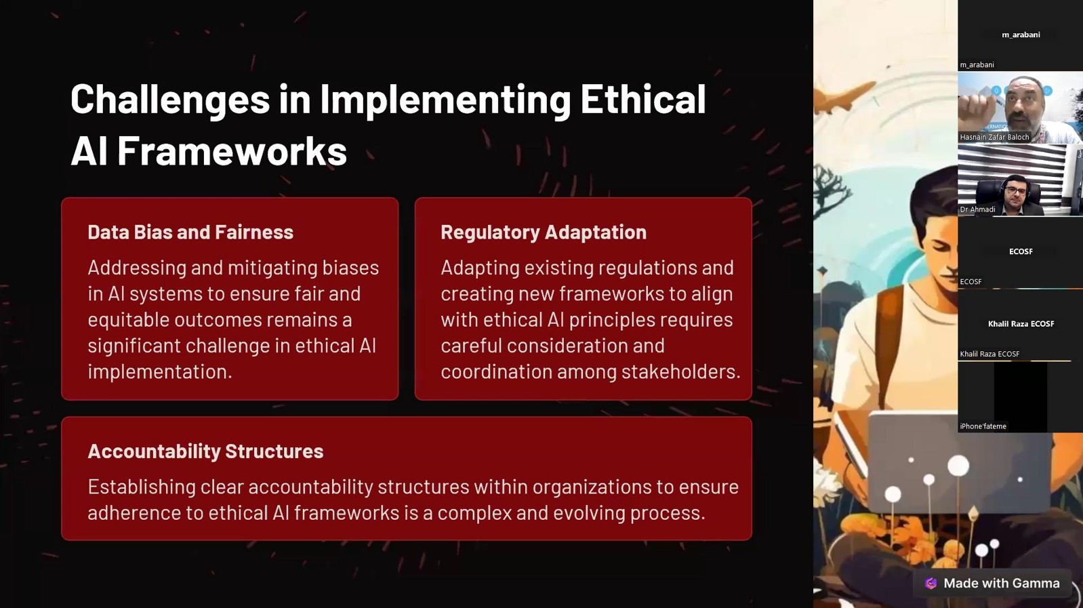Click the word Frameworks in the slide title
pos(232,151)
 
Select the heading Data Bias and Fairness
pos(190,232)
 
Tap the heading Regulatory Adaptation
pos(544,232)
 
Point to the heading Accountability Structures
pos(205,451)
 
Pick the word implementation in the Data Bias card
pos(160,372)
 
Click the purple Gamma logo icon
pos(931,584)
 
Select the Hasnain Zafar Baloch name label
pos(994,138)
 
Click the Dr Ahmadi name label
pos(977,209)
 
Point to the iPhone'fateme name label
pos(983,426)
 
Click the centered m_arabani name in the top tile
pos(1021,35)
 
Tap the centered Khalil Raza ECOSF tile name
pos(1021,323)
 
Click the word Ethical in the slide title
pos(643,99)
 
